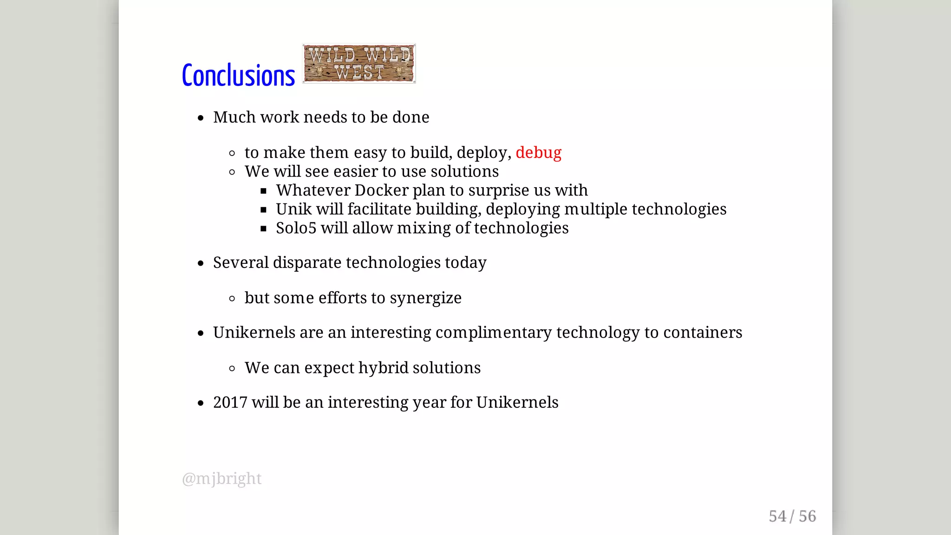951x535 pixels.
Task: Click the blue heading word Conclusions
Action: [238, 75]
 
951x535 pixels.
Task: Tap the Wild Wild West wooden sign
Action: [359, 64]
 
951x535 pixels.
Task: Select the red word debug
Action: [538, 152]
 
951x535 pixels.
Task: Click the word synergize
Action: [425, 298]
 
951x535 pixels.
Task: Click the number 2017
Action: [230, 403]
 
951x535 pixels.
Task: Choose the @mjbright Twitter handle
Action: [222, 478]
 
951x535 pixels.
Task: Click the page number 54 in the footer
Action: [777, 516]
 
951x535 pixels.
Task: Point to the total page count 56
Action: [807, 516]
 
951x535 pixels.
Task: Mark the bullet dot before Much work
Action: [201, 118]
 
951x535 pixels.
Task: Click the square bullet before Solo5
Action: [263, 228]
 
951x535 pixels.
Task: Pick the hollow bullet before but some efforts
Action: [232, 299]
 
